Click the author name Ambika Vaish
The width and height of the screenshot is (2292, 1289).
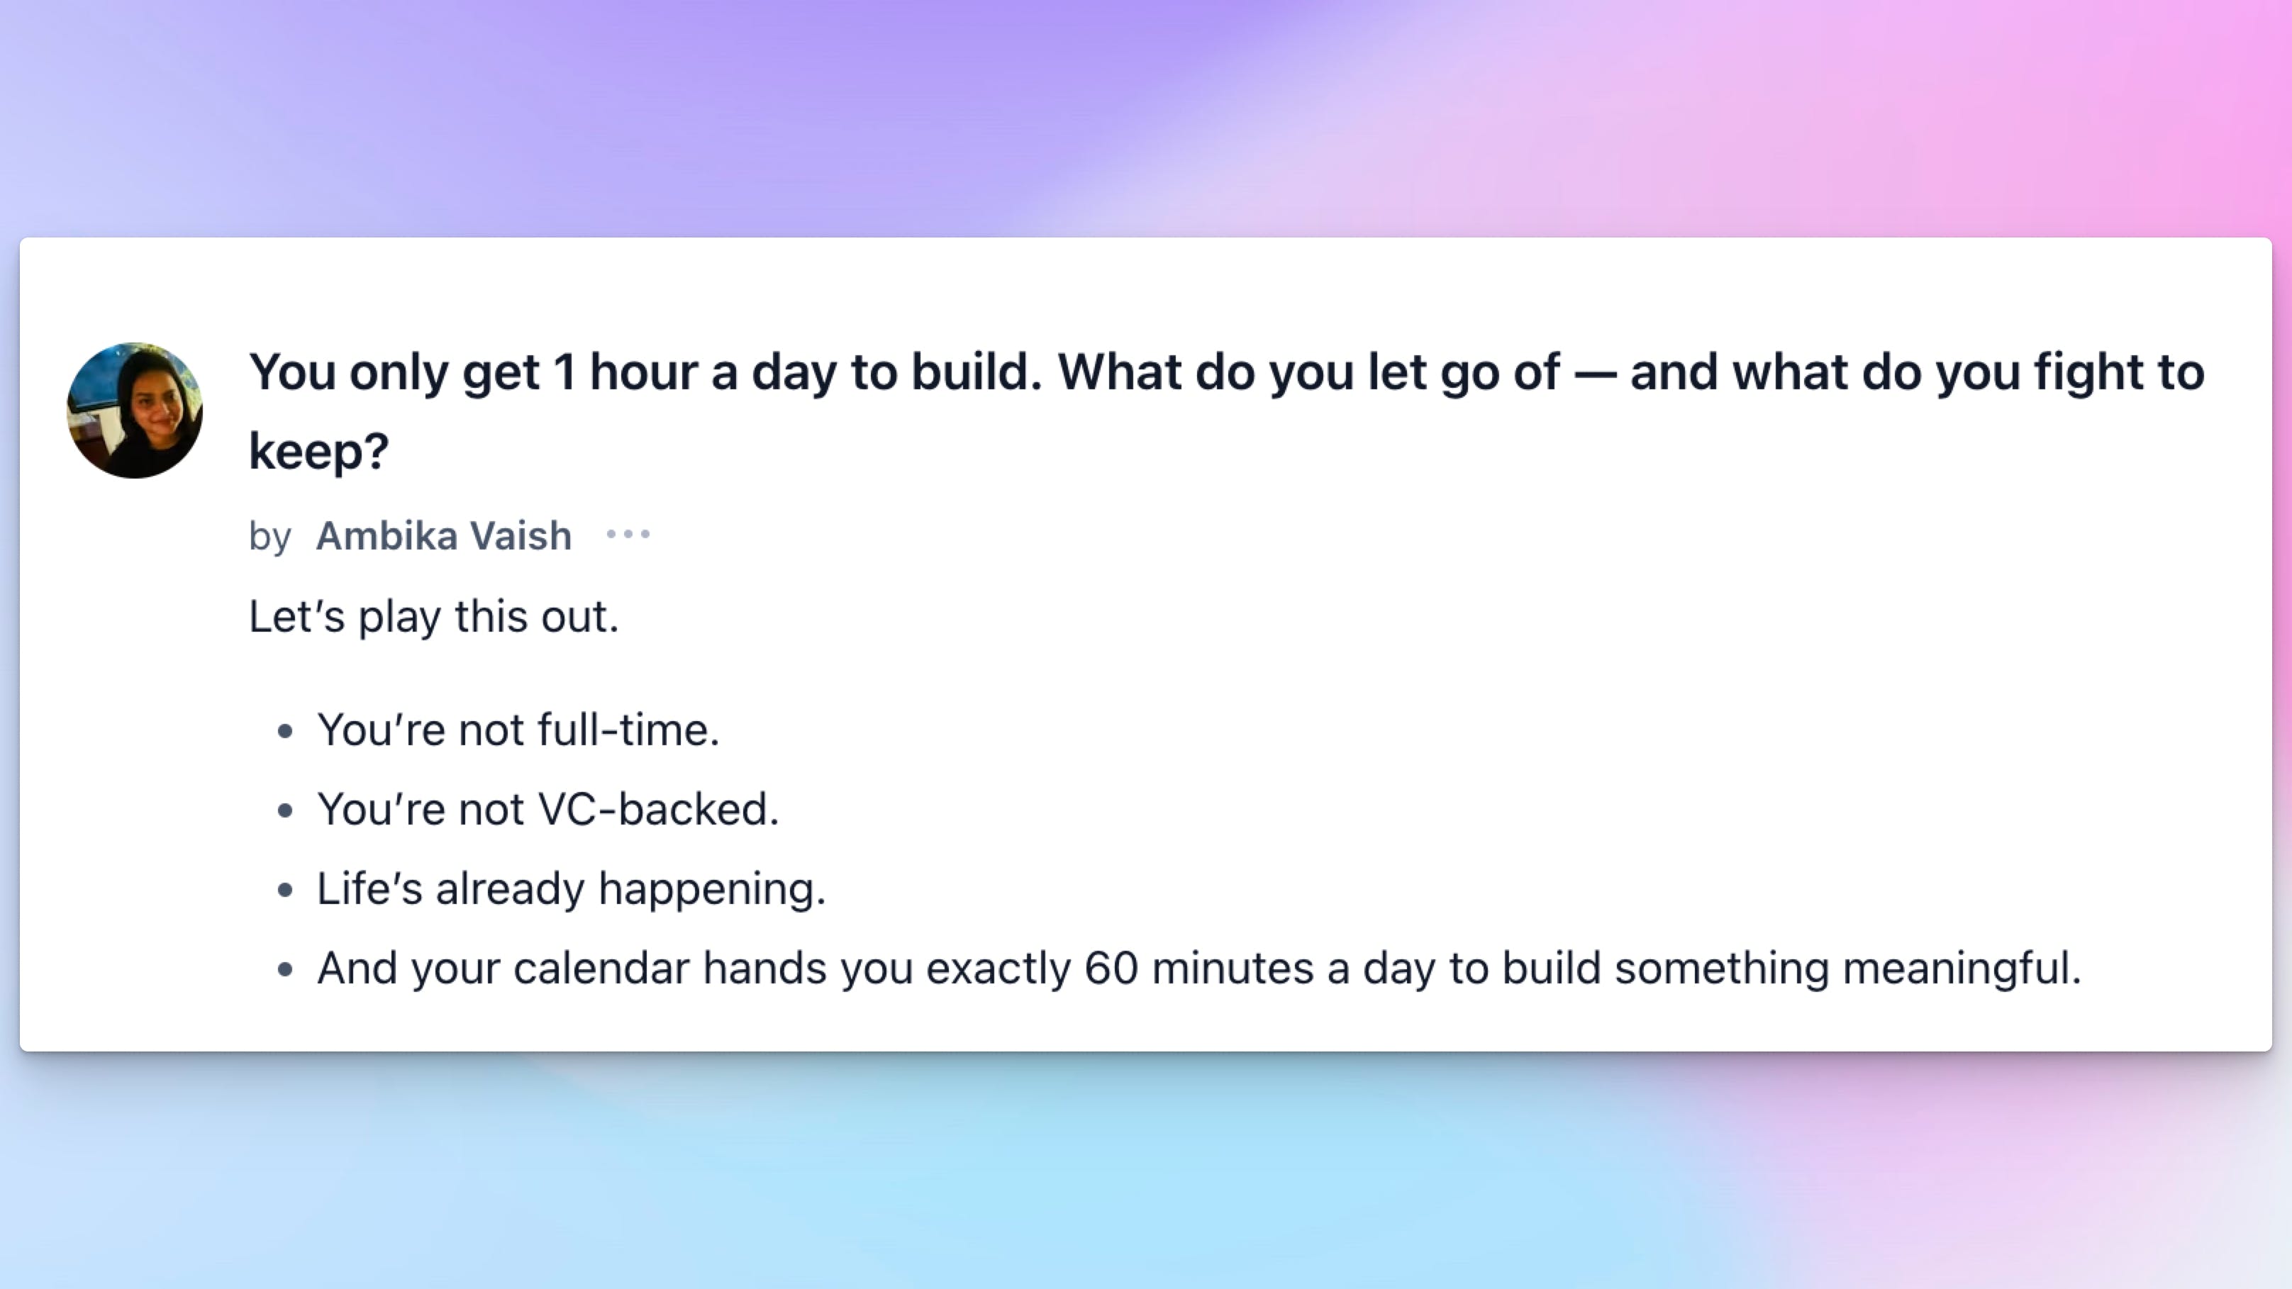[444, 535]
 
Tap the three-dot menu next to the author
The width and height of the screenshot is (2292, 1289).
[628, 535]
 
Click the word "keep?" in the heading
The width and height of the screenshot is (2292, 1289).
[318, 451]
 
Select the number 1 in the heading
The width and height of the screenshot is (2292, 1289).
[564, 372]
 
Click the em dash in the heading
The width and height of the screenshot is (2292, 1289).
[1594, 374]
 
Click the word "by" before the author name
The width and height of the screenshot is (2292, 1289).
[269, 537]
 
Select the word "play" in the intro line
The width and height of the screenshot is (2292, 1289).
[399, 616]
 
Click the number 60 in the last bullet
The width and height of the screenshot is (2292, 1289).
[1111, 968]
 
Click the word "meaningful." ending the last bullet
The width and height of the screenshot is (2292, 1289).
[1962, 968]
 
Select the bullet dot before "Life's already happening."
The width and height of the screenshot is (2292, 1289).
[284, 890]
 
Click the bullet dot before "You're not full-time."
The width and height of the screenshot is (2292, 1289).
[284, 731]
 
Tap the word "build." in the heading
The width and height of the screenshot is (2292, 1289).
[976, 372]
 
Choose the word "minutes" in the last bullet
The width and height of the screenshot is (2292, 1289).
[1233, 968]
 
